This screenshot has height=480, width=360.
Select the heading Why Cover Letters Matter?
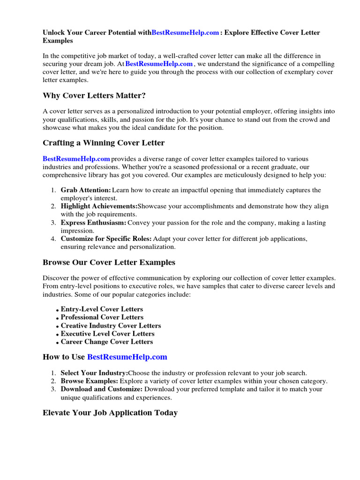pyautogui.click(x=94, y=96)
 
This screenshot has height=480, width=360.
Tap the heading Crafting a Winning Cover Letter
pyautogui.click(x=104, y=142)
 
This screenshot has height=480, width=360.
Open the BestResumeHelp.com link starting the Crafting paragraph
pyautogui.click(x=76, y=159)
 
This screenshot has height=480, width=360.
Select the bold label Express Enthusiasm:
pyautogui.click(x=93, y=223)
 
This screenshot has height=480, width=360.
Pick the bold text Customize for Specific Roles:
pyautogui.click(x=106, y=239)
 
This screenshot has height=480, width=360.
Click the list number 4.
pyautogui.click(x=53, y=239)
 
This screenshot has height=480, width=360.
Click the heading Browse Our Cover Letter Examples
pyautogui.click(x=109, y=262)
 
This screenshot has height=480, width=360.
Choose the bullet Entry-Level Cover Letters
pyautogui.click(x=102, y=309)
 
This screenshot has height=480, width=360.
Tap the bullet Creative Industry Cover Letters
pyautogui.click(x=111, y=326)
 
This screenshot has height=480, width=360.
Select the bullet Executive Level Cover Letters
pyautogui.click(x=107, y=334)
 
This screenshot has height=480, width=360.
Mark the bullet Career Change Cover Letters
pyautogui.click(x=107, y=342)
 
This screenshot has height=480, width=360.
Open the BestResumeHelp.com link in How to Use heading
pyautogui.click(x=127, y=357)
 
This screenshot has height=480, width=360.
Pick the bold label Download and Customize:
pyautogui.click(x=102, y=389)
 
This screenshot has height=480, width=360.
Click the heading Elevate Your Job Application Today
pyautogui.click(x=110, y=413)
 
